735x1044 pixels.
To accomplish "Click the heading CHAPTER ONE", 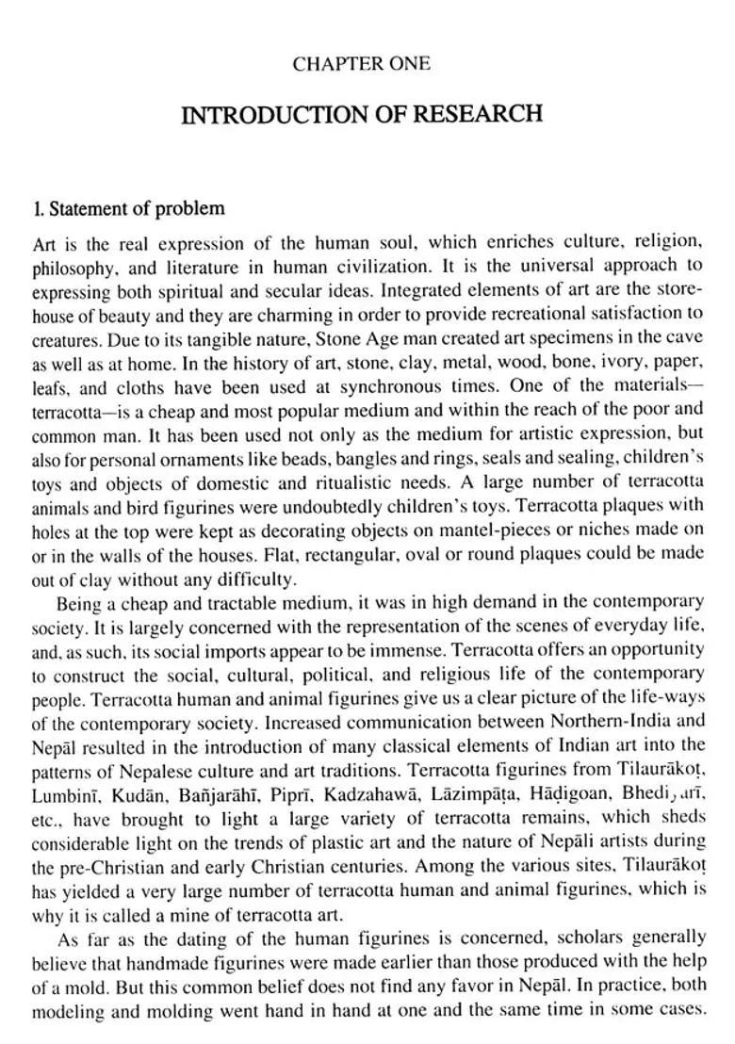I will point(361,65).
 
